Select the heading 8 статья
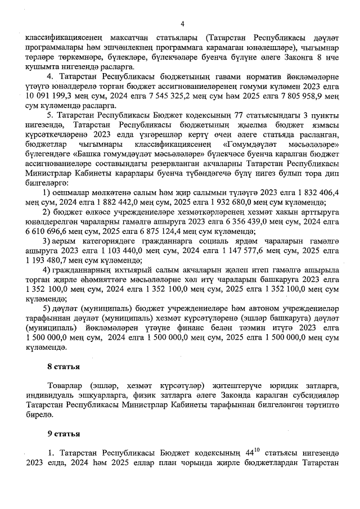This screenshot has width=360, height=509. coord(64,367)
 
